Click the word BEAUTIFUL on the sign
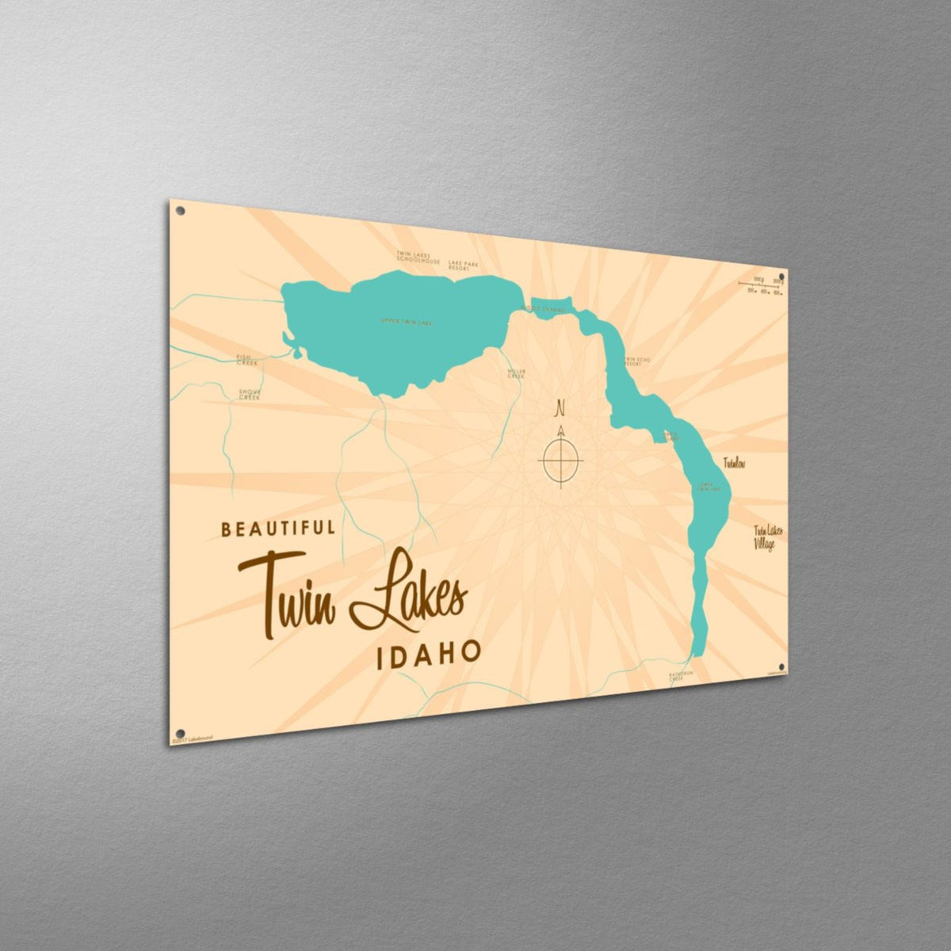click(278, 529)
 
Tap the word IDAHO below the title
click(428, 651)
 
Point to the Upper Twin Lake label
click(408, 322)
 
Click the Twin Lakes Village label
click(765, 537)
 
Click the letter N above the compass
click(560, 410)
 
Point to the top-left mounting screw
click(180, 212)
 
